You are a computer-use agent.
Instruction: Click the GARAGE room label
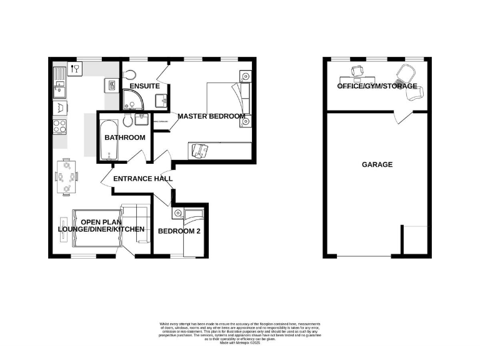377,165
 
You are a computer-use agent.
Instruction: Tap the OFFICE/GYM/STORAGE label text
377,86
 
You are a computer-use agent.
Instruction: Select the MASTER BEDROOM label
211,116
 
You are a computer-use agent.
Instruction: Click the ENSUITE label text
144,86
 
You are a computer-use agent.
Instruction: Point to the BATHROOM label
124,137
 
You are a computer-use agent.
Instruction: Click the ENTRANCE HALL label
142,179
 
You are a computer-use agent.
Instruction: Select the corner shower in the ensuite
132,98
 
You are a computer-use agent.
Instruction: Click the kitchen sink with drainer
59,84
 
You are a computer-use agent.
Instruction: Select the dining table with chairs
67,177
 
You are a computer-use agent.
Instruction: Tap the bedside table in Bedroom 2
179,214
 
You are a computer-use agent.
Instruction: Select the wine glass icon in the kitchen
76,69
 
